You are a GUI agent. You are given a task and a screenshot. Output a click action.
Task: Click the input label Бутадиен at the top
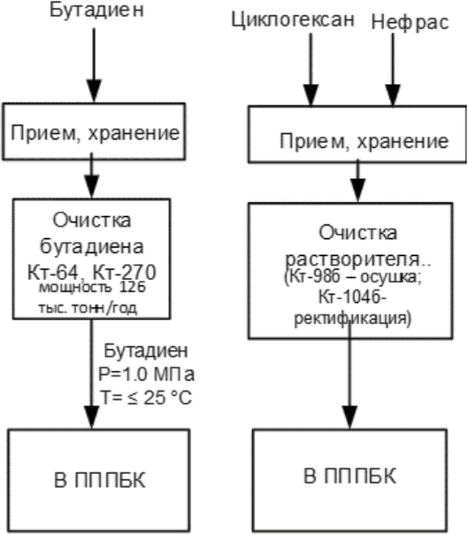pyautogui.click(x=96, y=12)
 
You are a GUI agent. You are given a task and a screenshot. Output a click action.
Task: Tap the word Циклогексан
pyautogui.click(x=293, y=20)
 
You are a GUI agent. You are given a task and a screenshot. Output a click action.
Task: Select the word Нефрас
pyautogui.click(x=410, y=23)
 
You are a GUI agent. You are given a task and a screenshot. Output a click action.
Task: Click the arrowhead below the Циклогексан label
pyautogui.click(x=311, y=95)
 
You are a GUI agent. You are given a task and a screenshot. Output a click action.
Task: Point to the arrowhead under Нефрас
pyautogui.click(x=393, y=95)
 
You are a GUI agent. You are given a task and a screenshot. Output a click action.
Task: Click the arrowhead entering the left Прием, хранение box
pyautogui.click(x=94, y=91)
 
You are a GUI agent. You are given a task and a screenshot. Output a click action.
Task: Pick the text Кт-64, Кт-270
pyautogui.click(x=92, y=272)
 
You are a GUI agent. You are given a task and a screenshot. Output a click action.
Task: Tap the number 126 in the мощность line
pyautogui.click(x=133, y=287)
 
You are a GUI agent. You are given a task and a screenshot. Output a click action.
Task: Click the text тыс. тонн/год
pyautogui.click(x=88, y=308)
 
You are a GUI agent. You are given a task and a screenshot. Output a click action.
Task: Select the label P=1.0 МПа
pyautogui.click(x=146, y=375)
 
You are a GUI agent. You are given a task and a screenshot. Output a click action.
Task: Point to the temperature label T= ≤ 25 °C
pyautogui.click(x=146, y=398)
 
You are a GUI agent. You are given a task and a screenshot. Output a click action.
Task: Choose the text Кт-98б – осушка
pyautogui.click(x=353, y=277)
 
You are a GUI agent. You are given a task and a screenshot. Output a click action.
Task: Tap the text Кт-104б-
pyautogui.click(x=352, y=298)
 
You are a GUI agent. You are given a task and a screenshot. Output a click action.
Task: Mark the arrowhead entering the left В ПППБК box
pyautogui.click(x=91, y=417)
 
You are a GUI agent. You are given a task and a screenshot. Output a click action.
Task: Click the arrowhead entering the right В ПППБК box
pyautogui.click(x=349, y=417)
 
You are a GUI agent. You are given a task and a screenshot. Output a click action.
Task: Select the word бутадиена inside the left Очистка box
pyautogui.click(x=92, y=246)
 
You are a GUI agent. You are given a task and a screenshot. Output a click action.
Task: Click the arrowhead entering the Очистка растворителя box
pyautogui.click(x=357, y=190)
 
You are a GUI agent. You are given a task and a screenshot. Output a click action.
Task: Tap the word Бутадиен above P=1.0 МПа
pyautogui.click(x=146, y=351)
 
